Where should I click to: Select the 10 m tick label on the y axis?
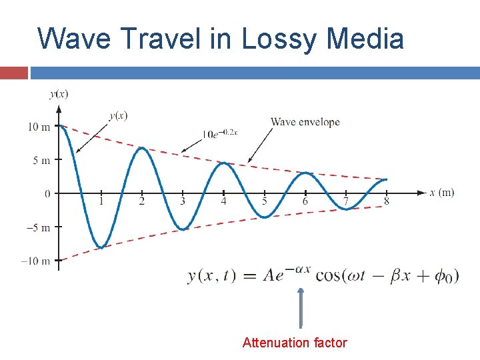click(x=39, y=127)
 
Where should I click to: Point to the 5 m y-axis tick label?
click(x=41, y=160)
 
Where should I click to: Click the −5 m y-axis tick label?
click(x=39, y=227)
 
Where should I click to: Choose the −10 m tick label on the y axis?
click(x=36, y=261)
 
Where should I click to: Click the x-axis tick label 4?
click(x=223, y=201)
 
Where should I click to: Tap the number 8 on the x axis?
click(x=387, y=201)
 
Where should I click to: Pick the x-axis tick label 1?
click(x=101, y=201)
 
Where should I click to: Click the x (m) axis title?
click(x=442, y=193)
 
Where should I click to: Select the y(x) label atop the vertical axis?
click(x=59, y=93)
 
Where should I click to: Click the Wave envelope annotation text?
click(x=305, y=122)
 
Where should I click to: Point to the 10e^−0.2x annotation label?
click(x=220, y=133)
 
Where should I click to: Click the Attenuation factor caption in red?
click(x=295, y=343)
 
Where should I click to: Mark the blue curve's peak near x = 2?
click(x=141, y=148)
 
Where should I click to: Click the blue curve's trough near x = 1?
click(x=100, y=247)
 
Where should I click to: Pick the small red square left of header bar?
click(x=14, y=72)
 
